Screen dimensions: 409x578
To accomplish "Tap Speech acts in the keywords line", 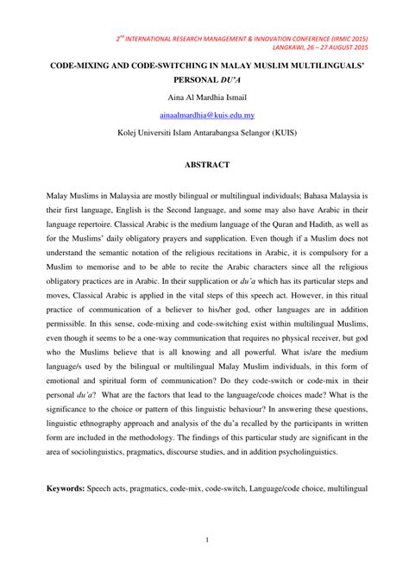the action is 117,487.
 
